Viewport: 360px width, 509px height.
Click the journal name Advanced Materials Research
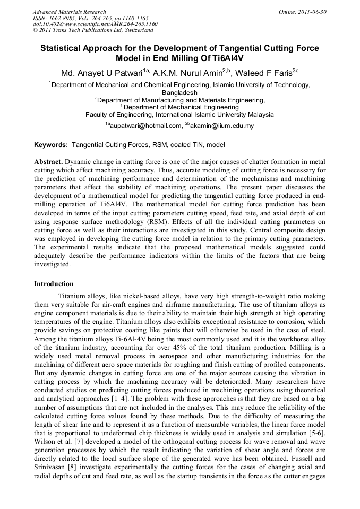tap(69, 12)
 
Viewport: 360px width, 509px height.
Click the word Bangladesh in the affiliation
tap(179, 92)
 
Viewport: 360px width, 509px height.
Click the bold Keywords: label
tap(51, 144)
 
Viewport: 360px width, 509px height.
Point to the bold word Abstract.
tap(48, 161)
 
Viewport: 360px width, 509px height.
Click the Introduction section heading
tap(54, 284)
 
